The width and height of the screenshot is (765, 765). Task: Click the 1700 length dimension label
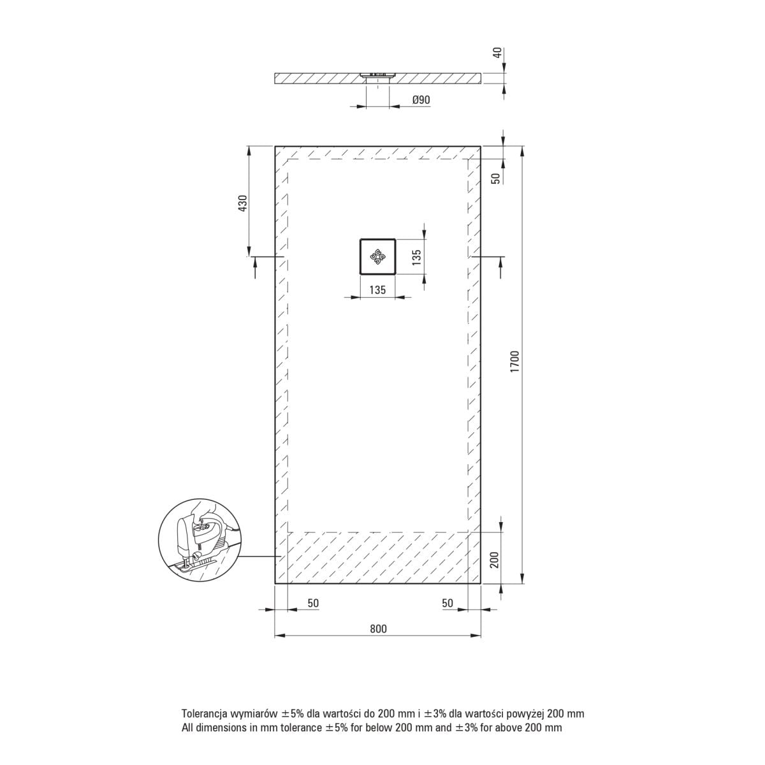pyautogui.click(x=515, y=361)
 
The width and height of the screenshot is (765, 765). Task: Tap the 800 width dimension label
pyautogui.click(x=378, y=629)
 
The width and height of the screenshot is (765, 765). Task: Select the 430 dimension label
pyautogui.click(x=242, y=203)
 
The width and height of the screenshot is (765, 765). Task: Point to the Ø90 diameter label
pyautogui.click(x=421, y=100)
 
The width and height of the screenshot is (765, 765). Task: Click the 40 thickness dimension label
pyautogui.click(x=497, y=52)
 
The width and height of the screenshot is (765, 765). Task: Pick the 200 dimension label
pyautogui.click(x=494, y=560)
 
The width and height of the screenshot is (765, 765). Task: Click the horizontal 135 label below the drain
pyautogui.click(x=377, y=290)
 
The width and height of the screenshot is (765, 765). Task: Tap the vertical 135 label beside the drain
pyautogui.click(x=416, y=258)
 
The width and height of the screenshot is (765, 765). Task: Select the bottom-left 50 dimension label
pyautogui.click(x=313, y=603)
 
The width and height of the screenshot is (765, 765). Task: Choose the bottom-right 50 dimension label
pyautogui.click(x=448, y=603)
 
